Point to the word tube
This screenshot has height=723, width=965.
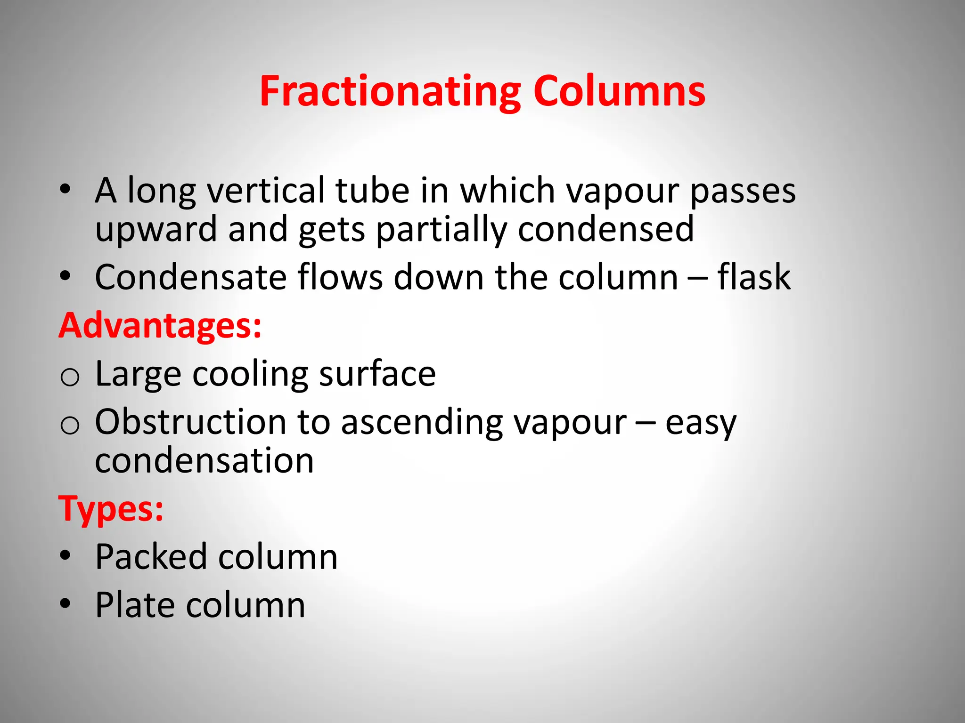[x=372, y=191]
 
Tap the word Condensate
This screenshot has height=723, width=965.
[x=191, y=277]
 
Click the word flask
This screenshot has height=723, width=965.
[x=754, y=277]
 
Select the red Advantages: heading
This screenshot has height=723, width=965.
[x=160, y=326]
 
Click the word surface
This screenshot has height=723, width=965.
[x=377, y=374]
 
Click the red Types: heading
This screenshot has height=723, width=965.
[x=111, y=509]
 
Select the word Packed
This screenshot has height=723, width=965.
[x=151, y=557]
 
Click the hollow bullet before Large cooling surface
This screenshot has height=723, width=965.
[x=70, y=377]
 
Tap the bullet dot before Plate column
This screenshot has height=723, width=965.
[x=65, y=603]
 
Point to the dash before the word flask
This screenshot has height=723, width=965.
[x=697, y=278]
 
